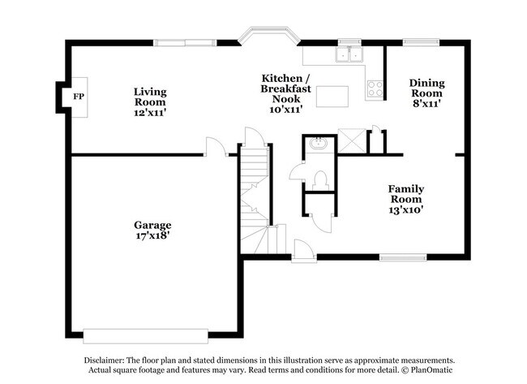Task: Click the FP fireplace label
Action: [77, 97]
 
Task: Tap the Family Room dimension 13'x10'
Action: [407, 209]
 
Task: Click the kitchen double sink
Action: [350, 54]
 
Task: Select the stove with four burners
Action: [375, 88]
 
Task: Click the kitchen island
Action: [333, 97]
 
